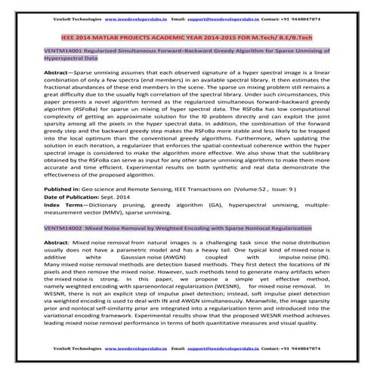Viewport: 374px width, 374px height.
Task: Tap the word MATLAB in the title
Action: point(120,33)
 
